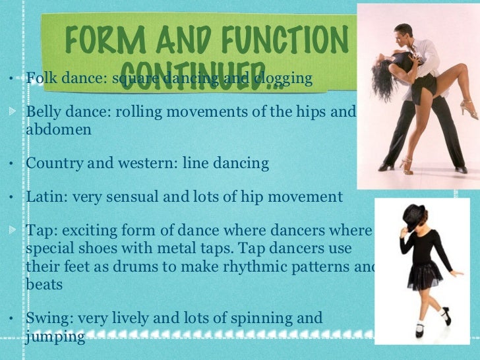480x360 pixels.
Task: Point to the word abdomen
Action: click(x=58, y=129)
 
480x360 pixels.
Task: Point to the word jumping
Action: click(x=55, y=337)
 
